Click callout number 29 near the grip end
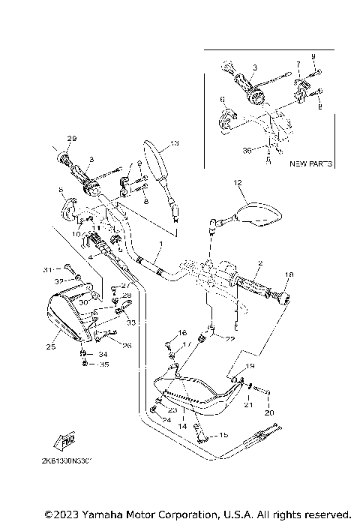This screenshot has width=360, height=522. (x=72, y=139)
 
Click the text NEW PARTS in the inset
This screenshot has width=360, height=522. (x=311, y=162)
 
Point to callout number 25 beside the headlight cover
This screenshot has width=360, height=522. (x=51, y=346)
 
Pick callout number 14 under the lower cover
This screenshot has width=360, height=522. (x=181, y=424)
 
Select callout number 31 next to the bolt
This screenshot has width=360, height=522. (x=47, y=268)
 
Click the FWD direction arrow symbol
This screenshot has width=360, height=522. (x=69, y=442)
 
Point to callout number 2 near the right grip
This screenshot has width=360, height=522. (x=259, y=263)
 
